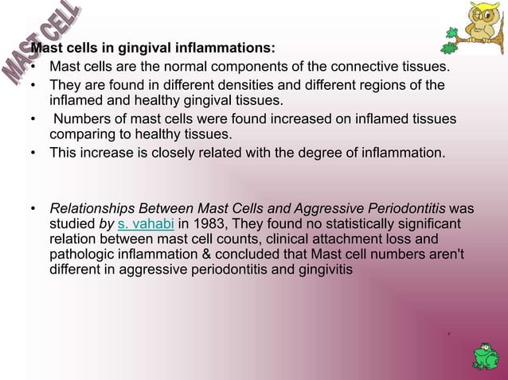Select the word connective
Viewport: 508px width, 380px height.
(349, 67)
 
